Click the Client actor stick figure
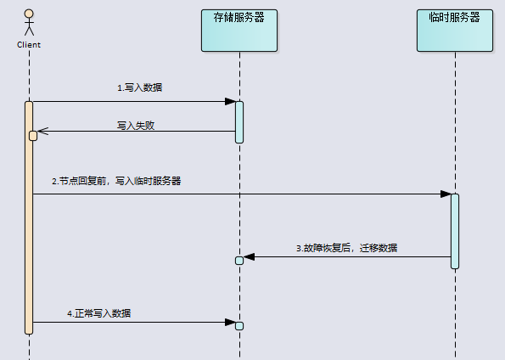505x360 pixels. (29, 23)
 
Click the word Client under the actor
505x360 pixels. (29, 45)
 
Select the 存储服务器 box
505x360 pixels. (239, 31)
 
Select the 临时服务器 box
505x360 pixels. (455, 31)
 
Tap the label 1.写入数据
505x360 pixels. (139, 87)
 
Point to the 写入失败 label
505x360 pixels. (136, 126)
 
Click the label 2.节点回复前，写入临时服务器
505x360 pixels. (116, 181)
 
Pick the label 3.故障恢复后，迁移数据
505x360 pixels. (346, 248)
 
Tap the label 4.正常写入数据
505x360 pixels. (98, 313)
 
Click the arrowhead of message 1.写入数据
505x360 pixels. (230, 102)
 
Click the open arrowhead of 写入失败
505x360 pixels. (42, 131)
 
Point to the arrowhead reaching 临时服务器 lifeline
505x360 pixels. (446, 194)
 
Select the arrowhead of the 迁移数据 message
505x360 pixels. (249, 257)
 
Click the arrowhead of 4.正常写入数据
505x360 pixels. (230, 322)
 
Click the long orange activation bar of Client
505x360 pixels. (29, 218)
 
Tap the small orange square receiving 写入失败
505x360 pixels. (33, 136)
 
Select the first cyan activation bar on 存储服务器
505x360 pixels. (239, 122)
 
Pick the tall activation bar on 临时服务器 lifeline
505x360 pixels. (455, 231)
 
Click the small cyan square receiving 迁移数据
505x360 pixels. (239, 261)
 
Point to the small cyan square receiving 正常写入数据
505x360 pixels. (239, 326)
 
